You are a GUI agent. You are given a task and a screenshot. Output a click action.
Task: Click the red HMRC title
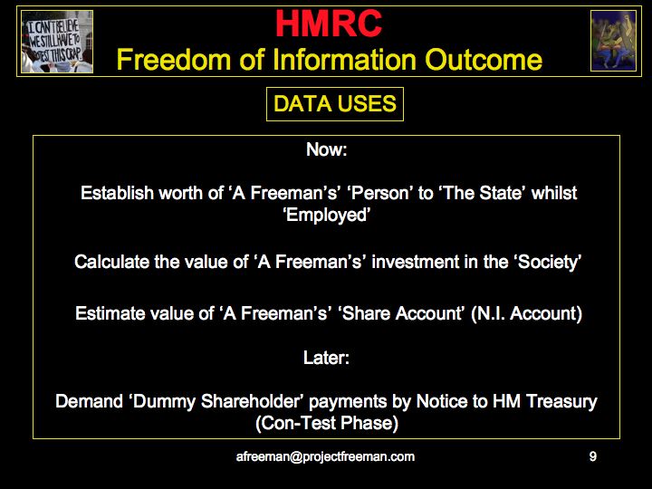329,24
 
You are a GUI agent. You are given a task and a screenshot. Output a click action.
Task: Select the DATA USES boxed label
335,104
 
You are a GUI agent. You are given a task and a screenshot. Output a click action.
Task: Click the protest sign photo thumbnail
57,42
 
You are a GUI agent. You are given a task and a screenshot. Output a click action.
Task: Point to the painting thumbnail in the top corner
613,41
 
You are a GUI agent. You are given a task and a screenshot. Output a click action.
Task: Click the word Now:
326,149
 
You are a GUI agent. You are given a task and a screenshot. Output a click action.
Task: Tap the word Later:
326,358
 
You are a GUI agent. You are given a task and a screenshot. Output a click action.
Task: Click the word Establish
117,193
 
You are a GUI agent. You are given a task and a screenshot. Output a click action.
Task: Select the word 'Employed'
326,215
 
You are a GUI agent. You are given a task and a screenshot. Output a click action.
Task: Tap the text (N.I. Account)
526,313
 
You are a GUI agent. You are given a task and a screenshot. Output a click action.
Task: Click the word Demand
89,402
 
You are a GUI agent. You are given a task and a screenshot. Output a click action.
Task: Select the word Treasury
561,402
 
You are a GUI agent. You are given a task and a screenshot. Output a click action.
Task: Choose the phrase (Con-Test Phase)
327,423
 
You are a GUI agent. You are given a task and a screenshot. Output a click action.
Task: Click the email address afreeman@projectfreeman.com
325,456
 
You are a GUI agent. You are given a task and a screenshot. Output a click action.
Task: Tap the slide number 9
593,456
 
